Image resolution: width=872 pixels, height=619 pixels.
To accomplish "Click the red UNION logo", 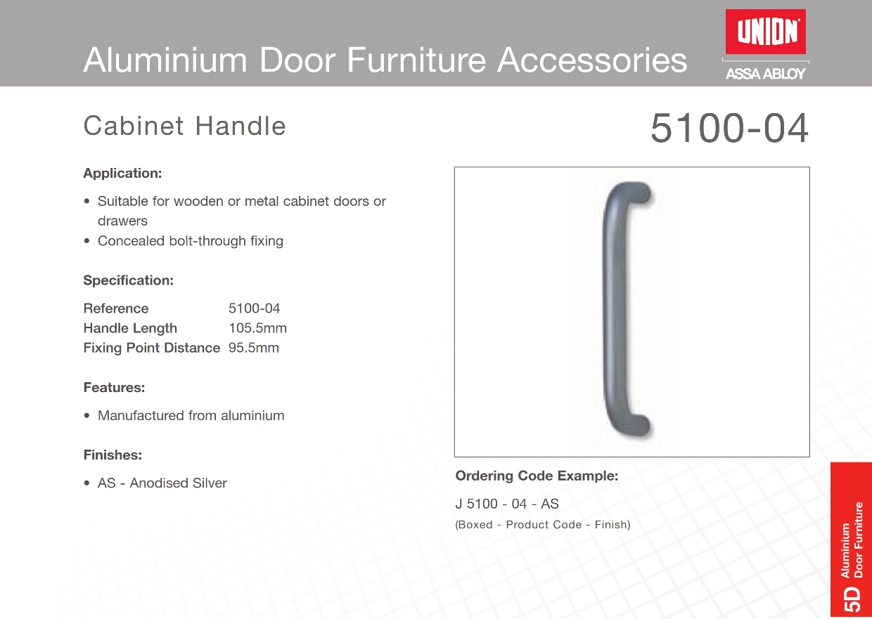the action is click(765, 32).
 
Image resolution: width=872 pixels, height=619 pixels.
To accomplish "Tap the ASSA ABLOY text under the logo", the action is click(765, 74).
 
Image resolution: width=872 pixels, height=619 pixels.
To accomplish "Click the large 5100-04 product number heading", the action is click(729, 128).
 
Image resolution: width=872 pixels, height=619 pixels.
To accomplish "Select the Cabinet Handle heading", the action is click(184, 126).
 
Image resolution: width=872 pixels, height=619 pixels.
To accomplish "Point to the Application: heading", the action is click(122, 173).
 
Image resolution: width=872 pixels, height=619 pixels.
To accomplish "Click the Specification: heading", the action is click(129, 280).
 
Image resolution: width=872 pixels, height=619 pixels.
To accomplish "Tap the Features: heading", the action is click(114, 387).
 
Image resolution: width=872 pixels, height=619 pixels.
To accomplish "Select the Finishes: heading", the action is click(113, 455).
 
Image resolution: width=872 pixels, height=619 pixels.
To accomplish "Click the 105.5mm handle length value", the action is click(257, 328).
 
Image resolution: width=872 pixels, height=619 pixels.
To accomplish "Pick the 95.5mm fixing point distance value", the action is click(254, 347).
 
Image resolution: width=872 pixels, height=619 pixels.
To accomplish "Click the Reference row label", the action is click(116, 308).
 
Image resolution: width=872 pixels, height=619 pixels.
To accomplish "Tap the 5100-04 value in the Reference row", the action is click(254, 308).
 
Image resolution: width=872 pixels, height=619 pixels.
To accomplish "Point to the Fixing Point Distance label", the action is click(152, 347).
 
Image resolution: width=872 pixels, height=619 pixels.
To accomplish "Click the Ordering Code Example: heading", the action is click(537, 476).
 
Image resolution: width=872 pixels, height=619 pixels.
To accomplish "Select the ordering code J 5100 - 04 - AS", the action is click(507, 504).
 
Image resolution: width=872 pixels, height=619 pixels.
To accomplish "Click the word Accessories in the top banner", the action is click(592, 60).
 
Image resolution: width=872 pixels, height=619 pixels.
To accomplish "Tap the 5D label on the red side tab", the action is click(852, 599).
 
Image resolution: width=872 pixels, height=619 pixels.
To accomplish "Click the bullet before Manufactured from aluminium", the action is click(86, 415).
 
